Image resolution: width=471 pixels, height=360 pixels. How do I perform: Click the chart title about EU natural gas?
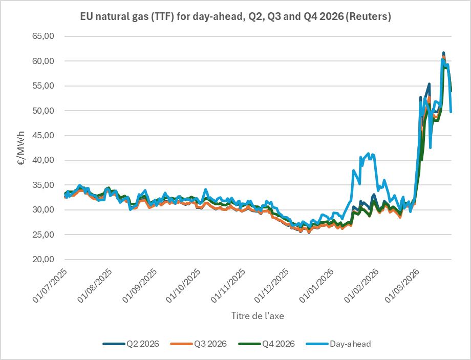(x=235, y=17)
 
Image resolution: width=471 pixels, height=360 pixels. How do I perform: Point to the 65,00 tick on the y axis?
(x=44, y=36)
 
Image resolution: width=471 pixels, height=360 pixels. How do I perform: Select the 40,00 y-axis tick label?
(x=44, y=160)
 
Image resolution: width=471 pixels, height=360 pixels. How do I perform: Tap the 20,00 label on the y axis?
(x=44, y=260)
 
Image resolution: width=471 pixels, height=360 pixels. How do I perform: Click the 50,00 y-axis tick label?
(x=44, y=111)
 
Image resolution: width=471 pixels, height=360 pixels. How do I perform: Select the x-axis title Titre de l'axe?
(x=258, y=316)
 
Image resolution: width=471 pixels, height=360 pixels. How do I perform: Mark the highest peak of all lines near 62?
(x=444, y=53)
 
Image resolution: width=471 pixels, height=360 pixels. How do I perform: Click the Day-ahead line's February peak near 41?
(x=370, y=154)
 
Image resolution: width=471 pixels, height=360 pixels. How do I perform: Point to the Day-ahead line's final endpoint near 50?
(x=451, y=112)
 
